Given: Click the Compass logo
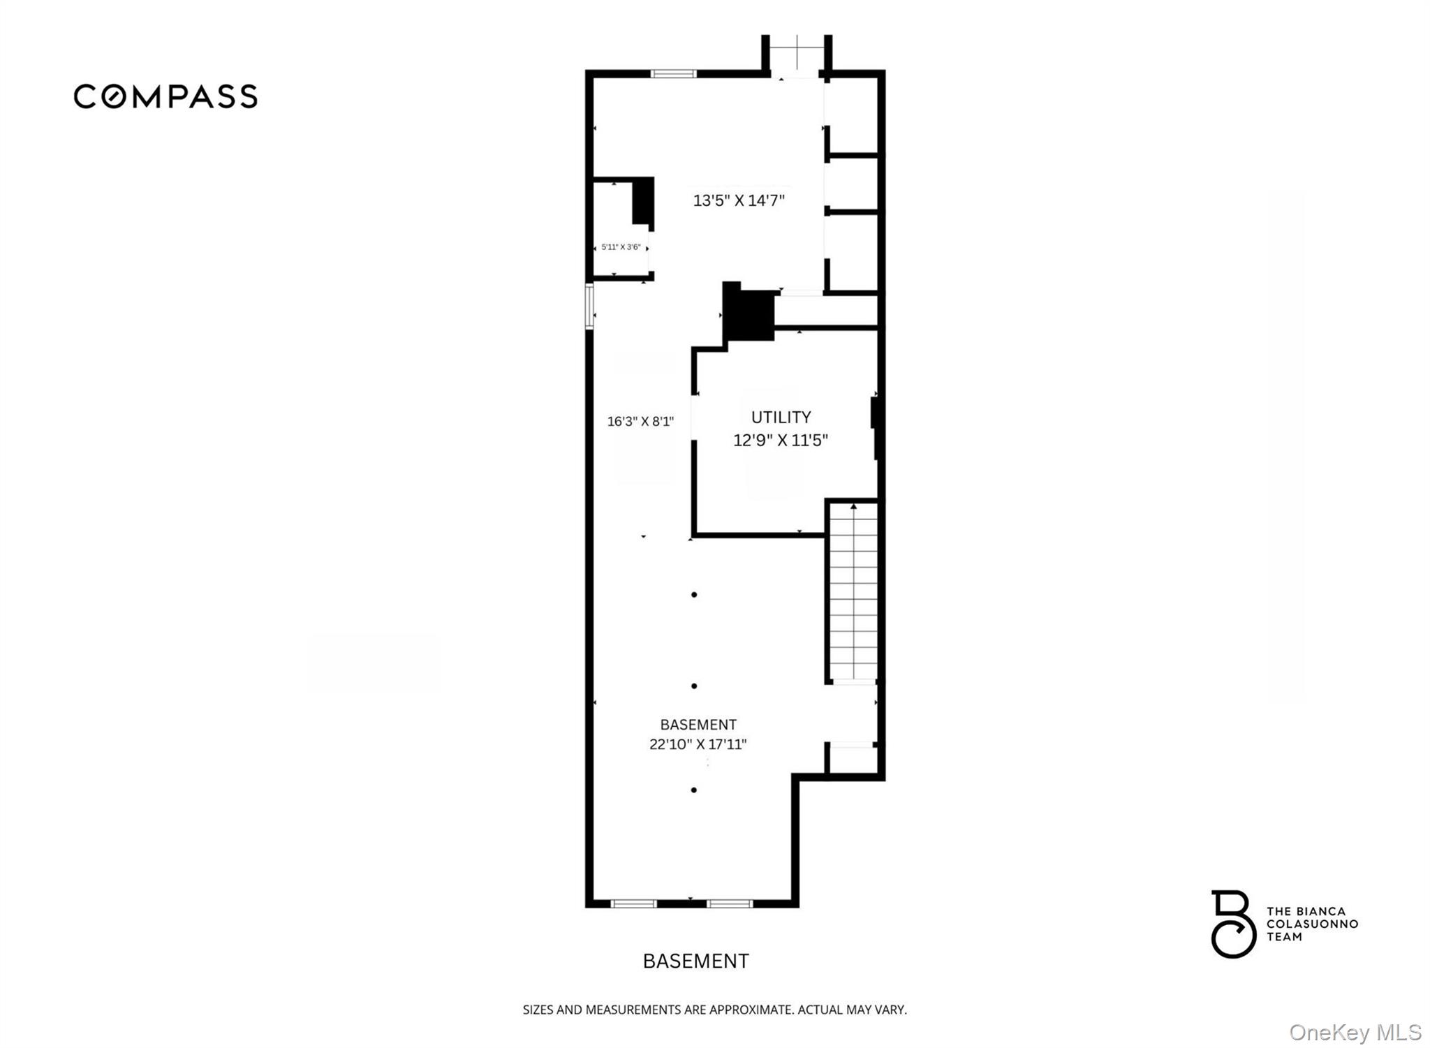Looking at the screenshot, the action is click(x=165, y=96).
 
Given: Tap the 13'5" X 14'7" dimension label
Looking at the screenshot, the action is click(x=739, y=201).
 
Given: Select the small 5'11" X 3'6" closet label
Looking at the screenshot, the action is click(x=621, y=247).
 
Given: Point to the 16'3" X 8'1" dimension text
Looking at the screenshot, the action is click(x=640, y=421).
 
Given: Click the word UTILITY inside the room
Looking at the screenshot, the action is click(x=781, y=417).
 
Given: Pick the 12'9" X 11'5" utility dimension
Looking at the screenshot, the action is click(x=781, y=440).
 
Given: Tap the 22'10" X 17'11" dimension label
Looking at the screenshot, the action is click(x=698, y=744).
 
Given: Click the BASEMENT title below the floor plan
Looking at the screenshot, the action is click(x=695, y=961).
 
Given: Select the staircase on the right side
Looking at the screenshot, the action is click(x=853, y=592).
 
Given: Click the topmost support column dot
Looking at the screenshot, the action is click(x=694, y=595).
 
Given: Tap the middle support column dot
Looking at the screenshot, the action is click(x=694, y=686).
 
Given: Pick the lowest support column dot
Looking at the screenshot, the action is click(x=694, y=790).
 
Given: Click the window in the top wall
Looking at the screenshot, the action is click(x=674, y=73).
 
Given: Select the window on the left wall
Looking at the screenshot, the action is click(x=589, y=306).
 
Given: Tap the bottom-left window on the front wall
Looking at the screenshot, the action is click(x=634, y=903).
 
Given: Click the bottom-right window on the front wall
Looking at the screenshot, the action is click(x=730, y=903).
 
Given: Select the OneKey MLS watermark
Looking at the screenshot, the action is click(x=1355, y=1032).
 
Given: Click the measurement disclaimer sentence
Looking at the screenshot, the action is click(x=715, y=1010).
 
